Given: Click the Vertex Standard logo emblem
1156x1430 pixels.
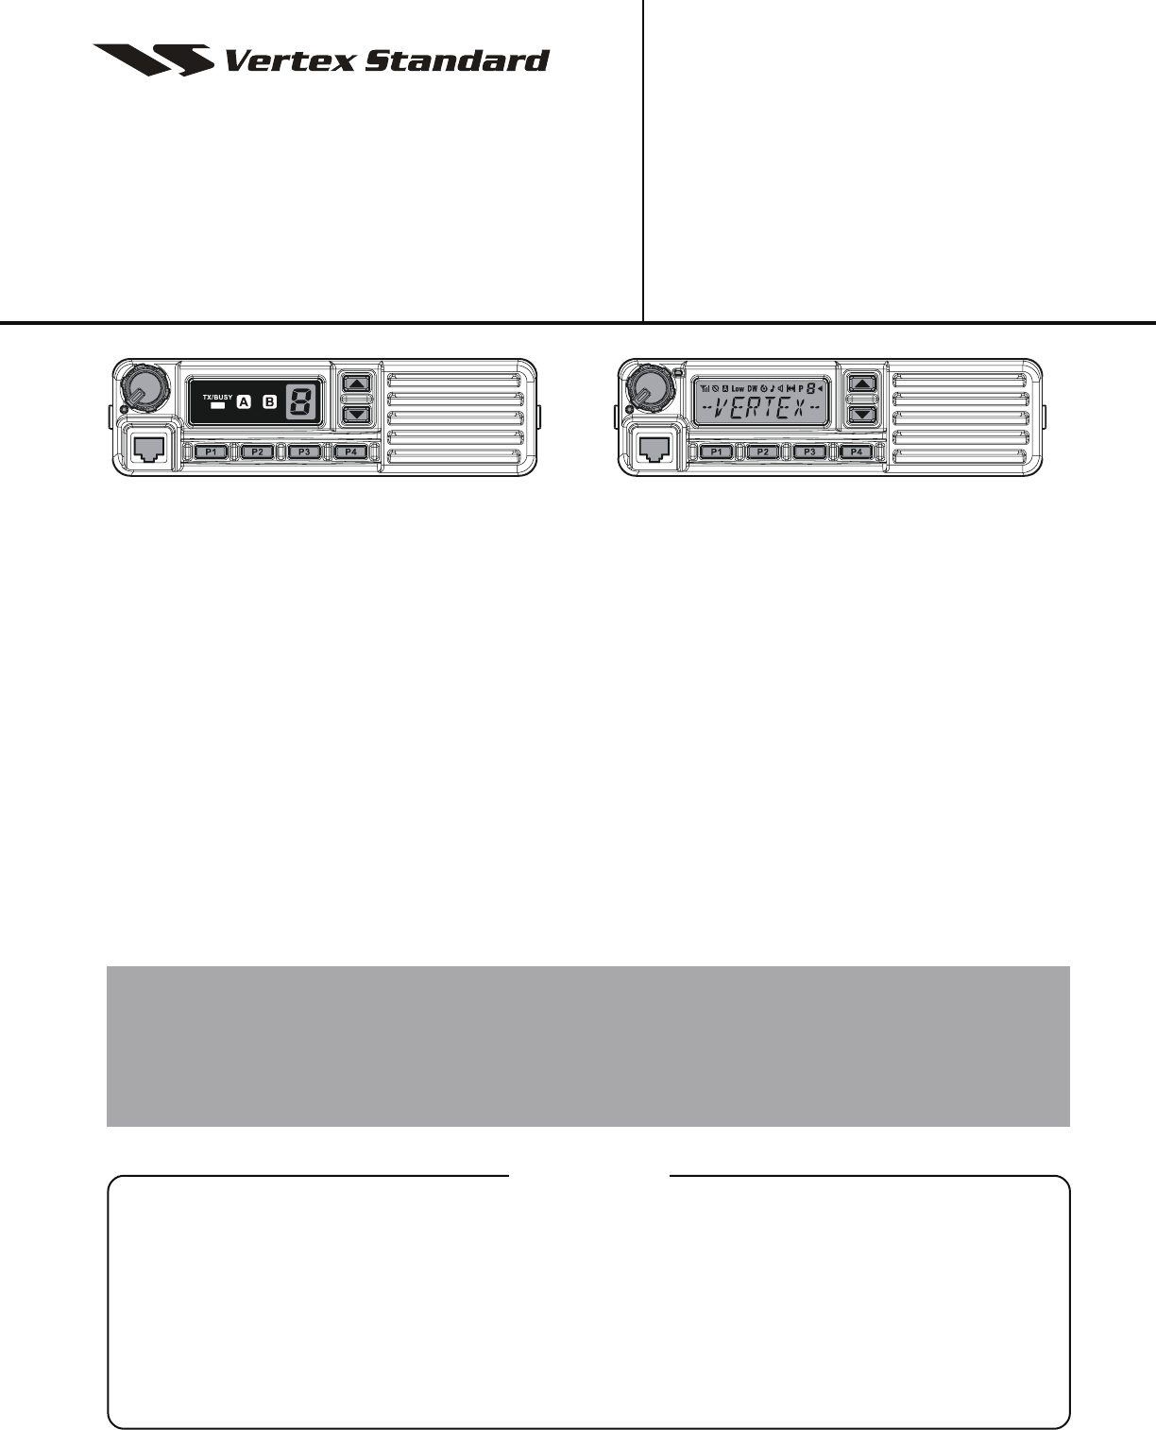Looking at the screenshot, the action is point(153,60).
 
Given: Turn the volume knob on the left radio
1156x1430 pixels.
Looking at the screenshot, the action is point(144,386).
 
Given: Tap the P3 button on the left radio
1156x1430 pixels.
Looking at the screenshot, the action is point(303,452).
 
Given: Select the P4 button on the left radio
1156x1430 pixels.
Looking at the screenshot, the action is point(350,452).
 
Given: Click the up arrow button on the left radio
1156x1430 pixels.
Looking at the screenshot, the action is point(356,383).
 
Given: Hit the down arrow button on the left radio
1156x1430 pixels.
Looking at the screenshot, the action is point(356,415).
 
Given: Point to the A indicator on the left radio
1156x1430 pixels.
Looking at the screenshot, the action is point(244,401).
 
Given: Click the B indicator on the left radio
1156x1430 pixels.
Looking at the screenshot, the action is point(269,401).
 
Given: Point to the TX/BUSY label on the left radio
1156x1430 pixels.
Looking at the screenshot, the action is point(217,385).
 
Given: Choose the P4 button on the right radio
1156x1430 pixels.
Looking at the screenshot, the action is point(856,452).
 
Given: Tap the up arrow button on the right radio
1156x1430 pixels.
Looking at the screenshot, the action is point(862,383).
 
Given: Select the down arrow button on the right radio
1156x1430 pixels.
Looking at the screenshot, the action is point(862,415).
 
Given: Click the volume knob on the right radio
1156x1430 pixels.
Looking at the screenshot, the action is point(649,386).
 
